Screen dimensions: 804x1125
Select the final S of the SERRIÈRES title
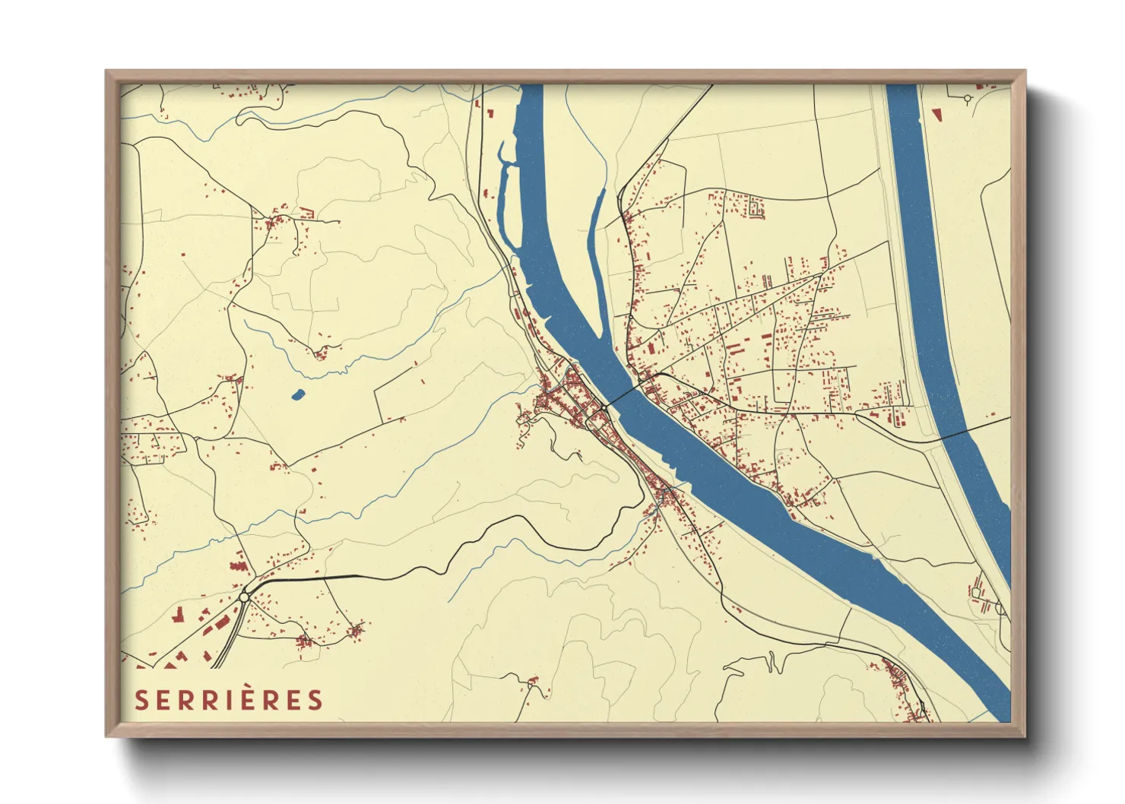[x=315, y=700]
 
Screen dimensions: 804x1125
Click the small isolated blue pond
[x=297, y=394]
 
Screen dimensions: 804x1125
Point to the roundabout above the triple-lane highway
[x=244, y=597]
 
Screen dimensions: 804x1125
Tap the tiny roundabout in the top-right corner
[x=967, y=98]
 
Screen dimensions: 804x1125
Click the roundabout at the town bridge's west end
[x=603, y=408]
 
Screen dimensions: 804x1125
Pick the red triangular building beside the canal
[x=936, y=115]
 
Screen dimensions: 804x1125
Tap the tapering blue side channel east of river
[x=595, y=228]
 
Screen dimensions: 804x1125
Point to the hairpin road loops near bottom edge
[x=772, y=663]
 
